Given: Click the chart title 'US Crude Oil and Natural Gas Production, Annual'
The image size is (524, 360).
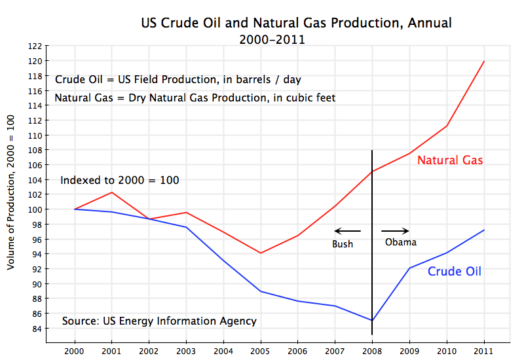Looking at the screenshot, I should click(x=296, y=24).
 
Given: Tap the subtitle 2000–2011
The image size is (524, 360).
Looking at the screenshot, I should click(x=273, y=39).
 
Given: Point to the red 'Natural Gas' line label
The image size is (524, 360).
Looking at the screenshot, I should click(x=450, y=160).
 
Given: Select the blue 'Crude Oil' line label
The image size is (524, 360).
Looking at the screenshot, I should click(x=455, y=271).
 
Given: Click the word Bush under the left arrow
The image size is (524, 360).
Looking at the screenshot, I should click(x=342, y=244).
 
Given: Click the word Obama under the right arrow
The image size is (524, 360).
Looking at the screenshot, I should click(x=400, y=242).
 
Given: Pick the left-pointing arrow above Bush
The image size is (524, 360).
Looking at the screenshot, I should click(x=347, y=230).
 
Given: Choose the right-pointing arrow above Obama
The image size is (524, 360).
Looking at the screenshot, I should click(x=395, y=230).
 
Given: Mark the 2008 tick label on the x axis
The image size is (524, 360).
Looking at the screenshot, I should click(x=372, y=351).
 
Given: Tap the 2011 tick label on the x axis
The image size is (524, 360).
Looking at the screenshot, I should click(x=484, y=351).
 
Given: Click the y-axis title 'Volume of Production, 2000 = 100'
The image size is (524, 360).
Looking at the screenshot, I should click(x=11, y=193).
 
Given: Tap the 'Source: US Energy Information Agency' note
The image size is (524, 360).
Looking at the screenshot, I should click(x=159, y=321).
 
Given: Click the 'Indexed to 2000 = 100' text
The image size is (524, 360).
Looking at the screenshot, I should click(x=120, y=181).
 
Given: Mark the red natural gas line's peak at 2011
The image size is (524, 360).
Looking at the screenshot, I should click(x=484, y=61).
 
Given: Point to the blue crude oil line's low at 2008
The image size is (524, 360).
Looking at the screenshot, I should click(x=372, y=321).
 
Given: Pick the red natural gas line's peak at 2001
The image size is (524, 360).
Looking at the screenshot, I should click(x=112, y=192).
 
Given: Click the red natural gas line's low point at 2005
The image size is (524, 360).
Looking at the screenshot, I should click(x=261, y=253).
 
